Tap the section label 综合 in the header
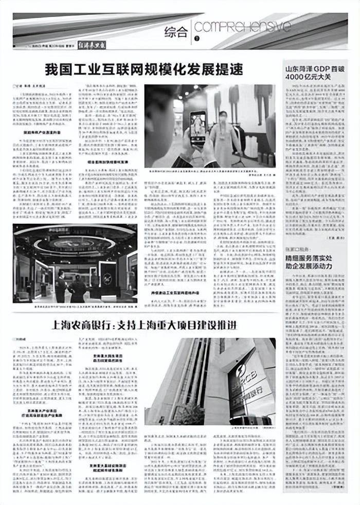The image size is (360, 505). (176, 32)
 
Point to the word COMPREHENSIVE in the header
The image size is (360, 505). (242, 27)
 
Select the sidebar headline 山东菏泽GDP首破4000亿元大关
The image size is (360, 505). (314, 73)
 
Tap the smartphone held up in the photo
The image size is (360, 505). (198, 127)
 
